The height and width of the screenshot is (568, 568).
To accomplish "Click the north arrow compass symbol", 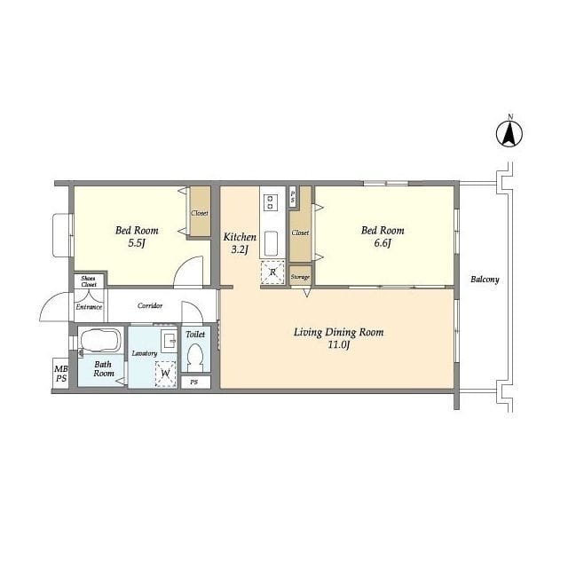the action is (x=509, y=134).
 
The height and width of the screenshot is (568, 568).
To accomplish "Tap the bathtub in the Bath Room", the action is (x=100, y=340).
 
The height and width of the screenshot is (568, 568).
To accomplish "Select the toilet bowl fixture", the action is (x=195, y=357).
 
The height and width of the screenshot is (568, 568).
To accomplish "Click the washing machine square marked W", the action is (x=166, y=374).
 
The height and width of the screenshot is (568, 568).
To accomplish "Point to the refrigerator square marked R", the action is (x=272, y=272).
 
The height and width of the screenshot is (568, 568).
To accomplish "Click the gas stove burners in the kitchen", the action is (x=270, y=202).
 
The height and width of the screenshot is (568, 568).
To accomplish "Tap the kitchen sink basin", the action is (x=271, y=243).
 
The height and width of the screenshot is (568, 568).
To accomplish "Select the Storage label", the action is (x=300, y=277).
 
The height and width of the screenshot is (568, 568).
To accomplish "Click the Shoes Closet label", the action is (x=89, y=281).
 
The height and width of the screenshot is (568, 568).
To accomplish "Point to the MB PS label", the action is (x=61, y=374).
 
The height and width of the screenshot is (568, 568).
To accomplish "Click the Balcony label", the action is (x=485, y=280).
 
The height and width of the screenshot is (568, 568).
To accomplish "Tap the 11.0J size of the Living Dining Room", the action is (x=338, y=345).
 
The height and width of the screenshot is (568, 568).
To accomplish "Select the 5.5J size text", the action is (x=136, y=243).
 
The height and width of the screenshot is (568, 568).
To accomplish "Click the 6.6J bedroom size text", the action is (x=383, y=243).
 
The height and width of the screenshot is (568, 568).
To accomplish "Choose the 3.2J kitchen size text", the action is (x=240, y=249).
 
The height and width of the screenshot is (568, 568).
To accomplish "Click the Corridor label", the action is (x=150, y=305).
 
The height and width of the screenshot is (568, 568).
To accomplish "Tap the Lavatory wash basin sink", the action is (x=170, y=341).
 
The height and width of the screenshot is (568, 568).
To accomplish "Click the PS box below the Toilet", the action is (x=195, y=383).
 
